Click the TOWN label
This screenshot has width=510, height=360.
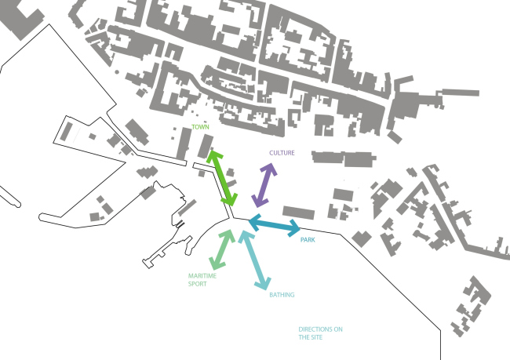pyautogui.click(x=200, y=127)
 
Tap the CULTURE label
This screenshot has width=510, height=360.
pyautogui.click(x=282, y=153)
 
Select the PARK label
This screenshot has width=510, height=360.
pyautogui.click(x=308, y=240)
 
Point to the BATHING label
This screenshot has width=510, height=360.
pyautogui.click(x=282, y=295)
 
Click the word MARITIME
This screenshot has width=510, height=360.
pyautogui.click(x=202, y=276)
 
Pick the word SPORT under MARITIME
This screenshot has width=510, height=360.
pyautogui.click(x=198, y=284)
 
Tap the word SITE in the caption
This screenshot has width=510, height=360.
pyautogui.click(x=316, y=337)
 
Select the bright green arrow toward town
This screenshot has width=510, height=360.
pyautogui.click(x=222, y=179)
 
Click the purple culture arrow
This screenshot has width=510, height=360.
pyautogui.click(x=264, y=185)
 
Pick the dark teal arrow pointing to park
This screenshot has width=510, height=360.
pyautogui.click(x=275, y=225)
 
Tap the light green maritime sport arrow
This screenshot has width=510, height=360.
pyautogui.click(x=222, y=249)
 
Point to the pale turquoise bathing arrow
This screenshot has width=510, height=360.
pyautogui.click(x=255, y=260)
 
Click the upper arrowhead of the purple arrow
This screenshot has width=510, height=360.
pyautogui.click(x=270, y=169)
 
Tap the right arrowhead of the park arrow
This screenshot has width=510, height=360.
pyautogui.click(x=295, y=228)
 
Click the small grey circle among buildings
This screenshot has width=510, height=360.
pyautogui.click(x=117, y=72)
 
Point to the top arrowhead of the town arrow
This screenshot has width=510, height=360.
pyautogui.click(x=213, y=156)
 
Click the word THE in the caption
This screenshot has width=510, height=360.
pyautogui.click(x=304, y=337)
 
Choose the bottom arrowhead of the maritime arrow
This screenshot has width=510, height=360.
pyautogui.click(x=216, y=264)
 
